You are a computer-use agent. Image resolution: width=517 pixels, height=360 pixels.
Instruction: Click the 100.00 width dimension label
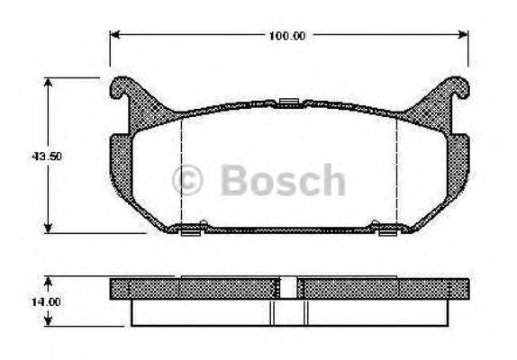(288, 36)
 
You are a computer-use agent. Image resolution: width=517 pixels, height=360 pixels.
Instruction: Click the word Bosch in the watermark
(281, 180)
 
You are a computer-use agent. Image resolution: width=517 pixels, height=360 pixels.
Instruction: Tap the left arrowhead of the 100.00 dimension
(114, 36)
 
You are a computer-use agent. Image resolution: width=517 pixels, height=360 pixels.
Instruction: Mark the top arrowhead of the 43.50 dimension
(47, 82)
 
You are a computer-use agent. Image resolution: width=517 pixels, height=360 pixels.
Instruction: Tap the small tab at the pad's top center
(289, 100)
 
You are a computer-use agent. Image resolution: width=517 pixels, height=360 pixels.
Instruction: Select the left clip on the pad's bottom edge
(190, 232)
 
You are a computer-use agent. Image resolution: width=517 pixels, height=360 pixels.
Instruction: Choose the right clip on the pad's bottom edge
(387, 232)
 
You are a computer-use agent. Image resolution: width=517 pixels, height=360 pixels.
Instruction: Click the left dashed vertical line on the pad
(182, 171)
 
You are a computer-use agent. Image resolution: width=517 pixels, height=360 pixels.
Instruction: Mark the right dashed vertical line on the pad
(397, 171)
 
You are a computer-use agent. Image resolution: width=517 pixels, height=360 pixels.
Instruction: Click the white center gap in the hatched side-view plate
(289, 288)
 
